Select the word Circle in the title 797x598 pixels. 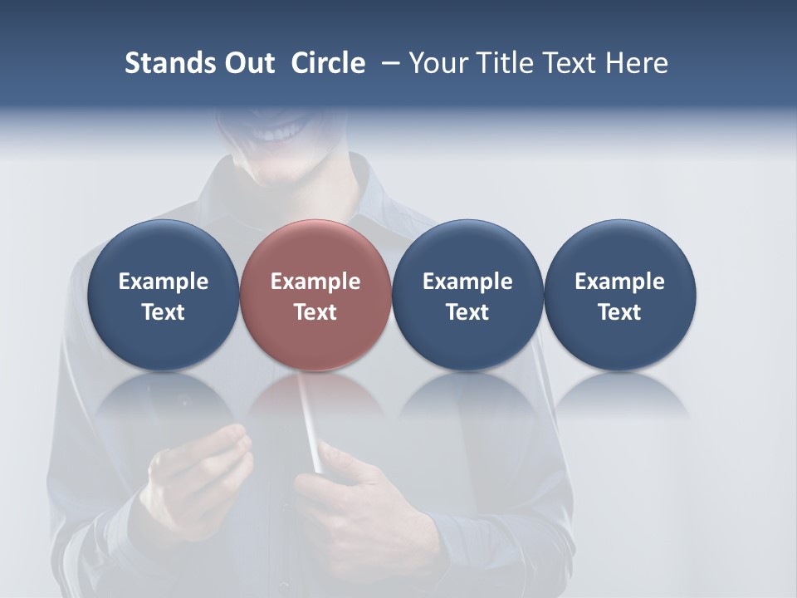[x=328, y=63]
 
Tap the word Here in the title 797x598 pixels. [x=638, y=63]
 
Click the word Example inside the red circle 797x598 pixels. [x=315, y=282]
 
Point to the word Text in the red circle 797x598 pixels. [x=315, y=312]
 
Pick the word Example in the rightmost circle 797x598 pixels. [x=619, y=282]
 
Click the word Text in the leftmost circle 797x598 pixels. [x=163, y=312]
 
